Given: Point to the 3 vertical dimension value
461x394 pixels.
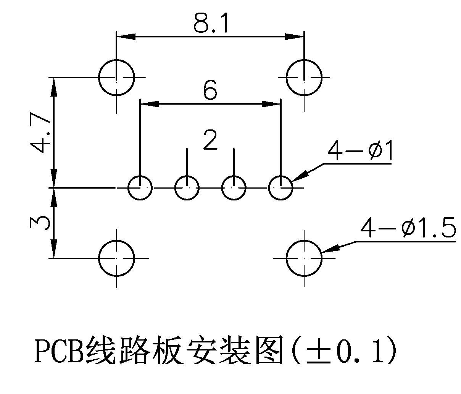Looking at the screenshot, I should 40,223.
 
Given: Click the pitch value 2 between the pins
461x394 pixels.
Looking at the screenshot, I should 210,141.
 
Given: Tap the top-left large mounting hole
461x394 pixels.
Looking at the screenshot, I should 117,78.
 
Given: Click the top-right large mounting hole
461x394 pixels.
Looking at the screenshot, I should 304,78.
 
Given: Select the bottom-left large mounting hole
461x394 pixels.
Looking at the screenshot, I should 117,258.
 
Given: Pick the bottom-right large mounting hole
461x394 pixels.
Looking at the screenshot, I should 304,258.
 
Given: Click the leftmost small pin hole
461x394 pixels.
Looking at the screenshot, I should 140,188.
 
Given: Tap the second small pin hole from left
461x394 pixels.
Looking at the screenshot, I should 187,188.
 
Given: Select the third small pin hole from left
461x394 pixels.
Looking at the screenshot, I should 234,188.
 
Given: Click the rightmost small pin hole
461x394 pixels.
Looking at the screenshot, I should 281,188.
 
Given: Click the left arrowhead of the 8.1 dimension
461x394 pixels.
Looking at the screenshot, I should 126,37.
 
